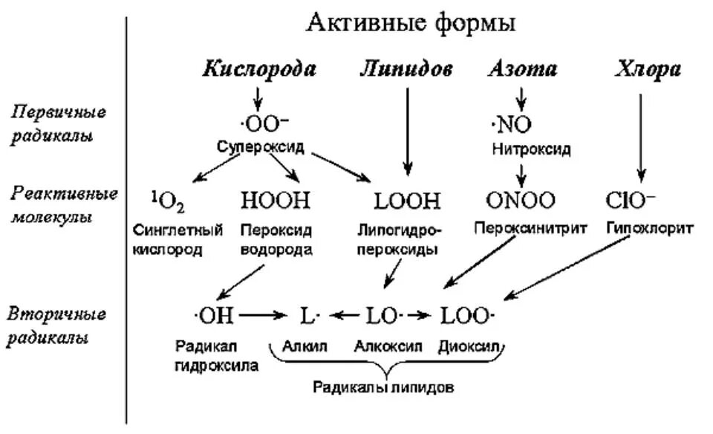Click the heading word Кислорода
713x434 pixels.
pos(259,70)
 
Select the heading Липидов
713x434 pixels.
pos(406,70)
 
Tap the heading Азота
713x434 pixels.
pos(522,70)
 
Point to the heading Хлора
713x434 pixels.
pos(648,70)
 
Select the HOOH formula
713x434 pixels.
pos(276,200)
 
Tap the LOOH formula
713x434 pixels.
pos(408,200)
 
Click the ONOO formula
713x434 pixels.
pos(521,200)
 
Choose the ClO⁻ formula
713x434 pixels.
pos(631,200)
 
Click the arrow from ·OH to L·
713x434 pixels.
pos(264,316)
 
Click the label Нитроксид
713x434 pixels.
pos(531,149)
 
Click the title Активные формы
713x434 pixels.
pos(411,24)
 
